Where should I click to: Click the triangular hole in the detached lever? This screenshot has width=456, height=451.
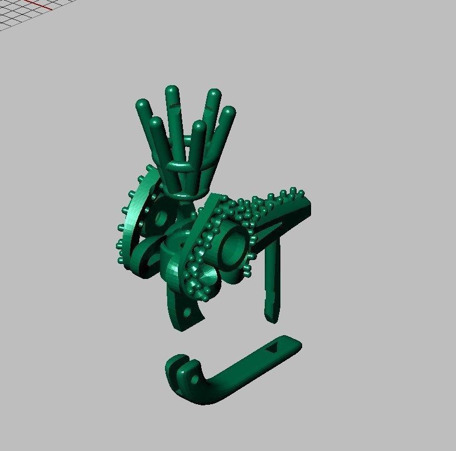(274, 349)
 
